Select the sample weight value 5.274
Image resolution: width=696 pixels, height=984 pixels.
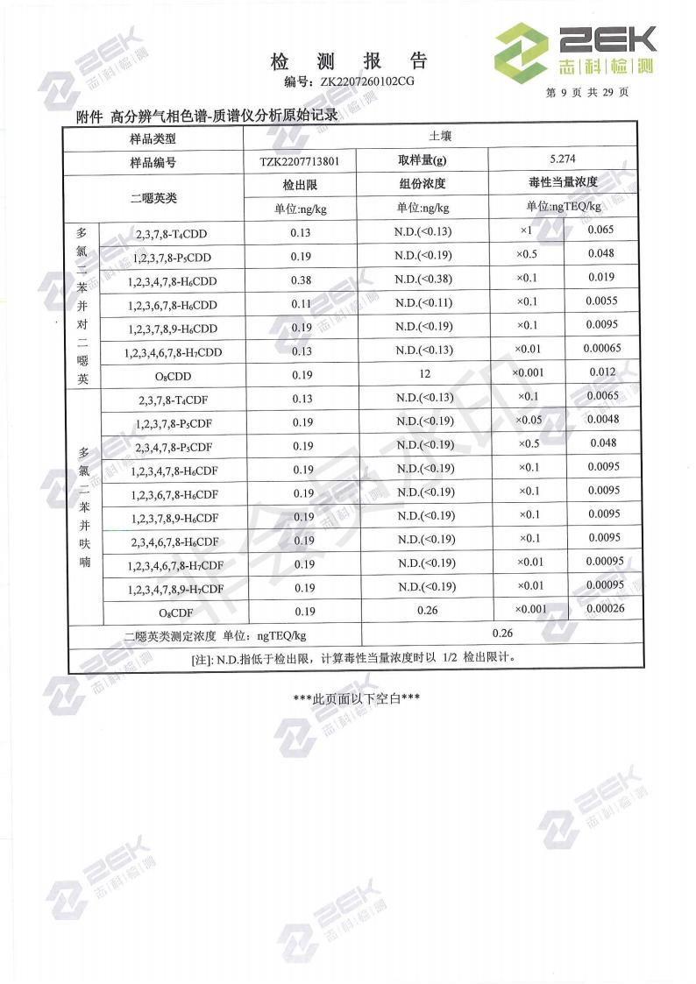pos(560,159)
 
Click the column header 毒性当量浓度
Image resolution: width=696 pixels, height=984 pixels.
pos(562,182)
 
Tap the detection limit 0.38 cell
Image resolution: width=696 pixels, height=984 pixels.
pos(301,281)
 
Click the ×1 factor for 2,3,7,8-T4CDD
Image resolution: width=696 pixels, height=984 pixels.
pos(527,230)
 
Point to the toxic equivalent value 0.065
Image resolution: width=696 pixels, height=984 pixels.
pos(600,230)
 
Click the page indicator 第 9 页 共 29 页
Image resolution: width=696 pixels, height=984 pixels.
pos(586,92)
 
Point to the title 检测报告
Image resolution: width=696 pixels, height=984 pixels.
pos(348,61)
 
